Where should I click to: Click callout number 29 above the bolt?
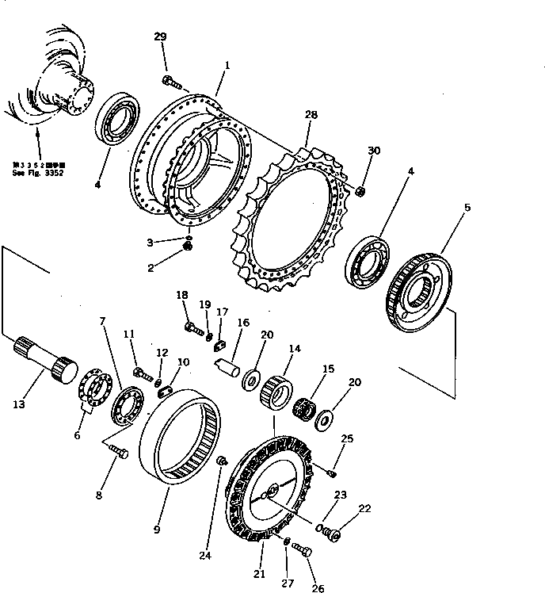tap(161, 37)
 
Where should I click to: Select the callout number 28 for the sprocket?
tap(311, 115)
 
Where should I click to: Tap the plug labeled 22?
tap(333, 536)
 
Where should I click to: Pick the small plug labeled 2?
tap(189, 249)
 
